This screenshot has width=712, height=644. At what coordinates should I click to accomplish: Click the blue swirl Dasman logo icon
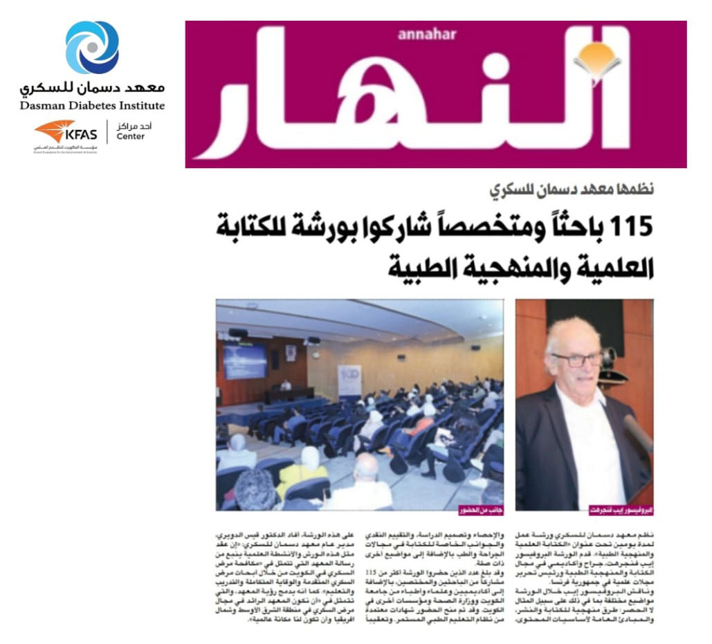point(92,47)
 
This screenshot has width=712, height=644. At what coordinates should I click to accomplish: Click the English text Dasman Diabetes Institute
point(92,106)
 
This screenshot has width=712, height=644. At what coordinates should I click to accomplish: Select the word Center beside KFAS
point(131,136)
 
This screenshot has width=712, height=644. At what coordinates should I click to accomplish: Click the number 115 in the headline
point(623,226)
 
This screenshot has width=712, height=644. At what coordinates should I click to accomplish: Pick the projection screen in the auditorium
point(244,361)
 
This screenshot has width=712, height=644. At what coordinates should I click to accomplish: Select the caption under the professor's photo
point(619,510)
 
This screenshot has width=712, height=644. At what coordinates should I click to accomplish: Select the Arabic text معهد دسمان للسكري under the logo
point(92,88)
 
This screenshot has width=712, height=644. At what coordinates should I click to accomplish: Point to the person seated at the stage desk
point(286,385)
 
